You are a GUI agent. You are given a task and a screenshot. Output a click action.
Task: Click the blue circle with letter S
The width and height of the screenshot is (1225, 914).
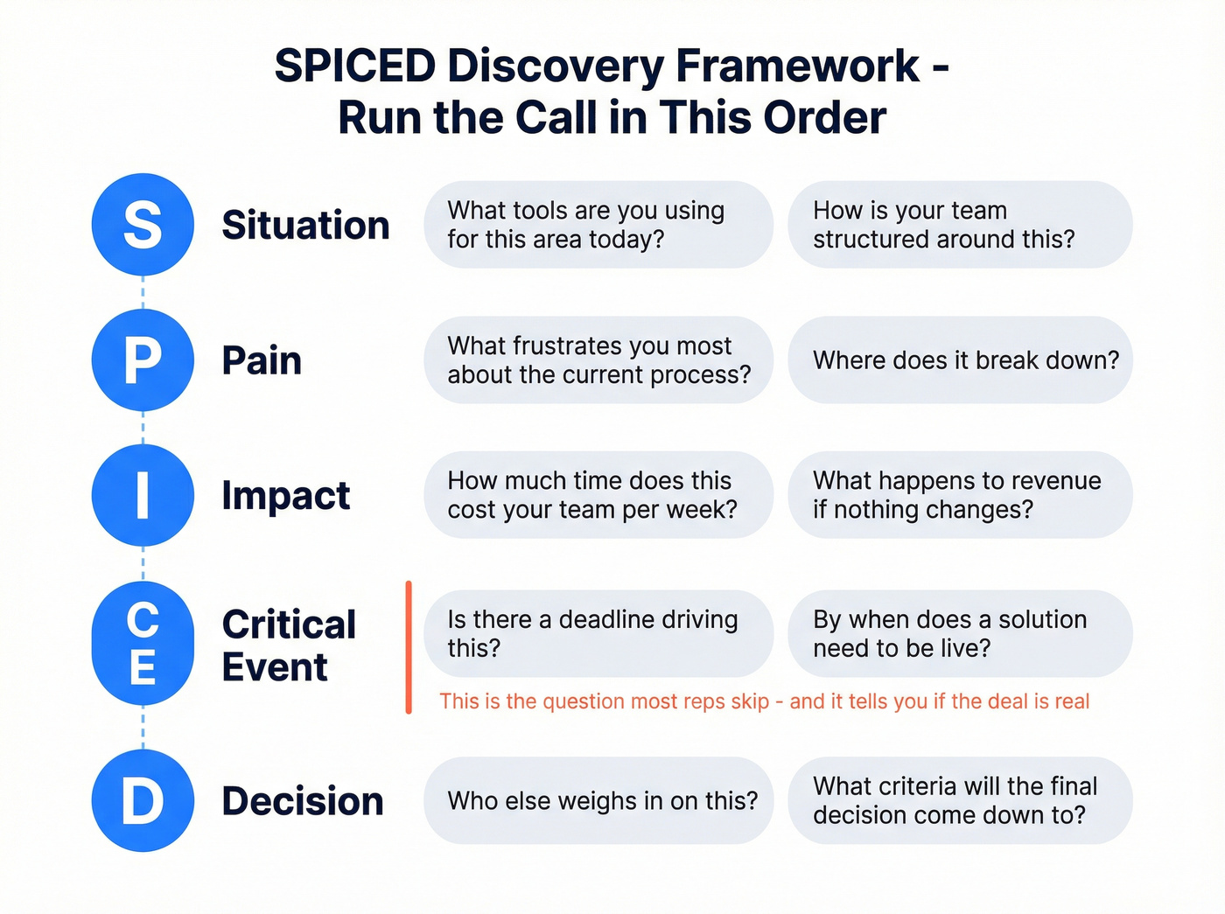click(x=143, y=225)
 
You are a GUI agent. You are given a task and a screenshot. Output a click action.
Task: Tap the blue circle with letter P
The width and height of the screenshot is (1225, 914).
click(x=143, y=359)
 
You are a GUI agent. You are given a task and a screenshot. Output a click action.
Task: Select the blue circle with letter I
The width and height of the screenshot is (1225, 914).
click(x=143, y=495)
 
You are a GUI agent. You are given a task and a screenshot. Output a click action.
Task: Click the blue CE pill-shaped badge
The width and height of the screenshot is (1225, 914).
click(x=143, y=644)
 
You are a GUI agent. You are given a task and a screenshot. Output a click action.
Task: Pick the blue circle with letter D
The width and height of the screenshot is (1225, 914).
click(x=143, y=800)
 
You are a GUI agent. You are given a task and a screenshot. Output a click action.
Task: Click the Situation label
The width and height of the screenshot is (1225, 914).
click(x=305, y=225)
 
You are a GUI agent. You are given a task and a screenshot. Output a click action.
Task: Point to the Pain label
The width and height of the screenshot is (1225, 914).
click(x=262, y=360)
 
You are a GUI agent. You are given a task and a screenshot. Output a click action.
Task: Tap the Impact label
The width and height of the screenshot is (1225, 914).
click(x=285, y=496)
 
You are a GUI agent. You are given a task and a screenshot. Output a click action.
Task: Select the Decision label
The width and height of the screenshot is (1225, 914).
click(x=303, y=801)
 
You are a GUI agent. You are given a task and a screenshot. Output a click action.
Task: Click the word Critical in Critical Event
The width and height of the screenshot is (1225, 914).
click(x=289, y=624)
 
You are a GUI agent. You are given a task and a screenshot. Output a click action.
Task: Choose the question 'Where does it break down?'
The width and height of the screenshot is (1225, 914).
click(x=960, y=360)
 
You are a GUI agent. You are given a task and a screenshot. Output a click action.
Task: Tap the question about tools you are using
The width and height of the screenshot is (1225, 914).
click(x=598, y=225)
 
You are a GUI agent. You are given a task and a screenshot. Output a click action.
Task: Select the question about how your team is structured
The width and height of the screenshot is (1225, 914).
click(x=960, y=225)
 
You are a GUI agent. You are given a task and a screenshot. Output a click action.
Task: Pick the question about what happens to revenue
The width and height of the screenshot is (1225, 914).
click(x=960, y=495)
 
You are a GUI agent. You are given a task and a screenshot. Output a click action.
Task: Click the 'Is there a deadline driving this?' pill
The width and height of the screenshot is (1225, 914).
click(x=598, y=634)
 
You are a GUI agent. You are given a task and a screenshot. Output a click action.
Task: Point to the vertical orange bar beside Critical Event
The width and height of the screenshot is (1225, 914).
click(x=409, y=647)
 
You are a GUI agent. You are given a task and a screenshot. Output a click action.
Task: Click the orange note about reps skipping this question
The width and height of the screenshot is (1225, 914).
click(x=764, y=701)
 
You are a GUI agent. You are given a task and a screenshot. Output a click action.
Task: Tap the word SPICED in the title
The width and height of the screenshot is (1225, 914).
click(x=355, y=66)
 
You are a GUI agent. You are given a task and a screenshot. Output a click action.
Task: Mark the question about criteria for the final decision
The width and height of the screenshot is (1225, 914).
click(x=960, y=801)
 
